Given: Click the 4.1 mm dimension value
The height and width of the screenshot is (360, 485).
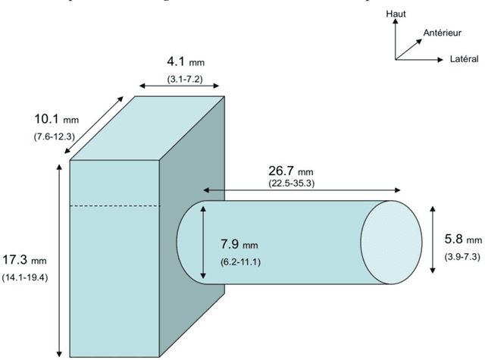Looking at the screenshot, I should (185, 61).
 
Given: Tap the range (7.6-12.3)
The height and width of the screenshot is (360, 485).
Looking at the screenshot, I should (52, 136).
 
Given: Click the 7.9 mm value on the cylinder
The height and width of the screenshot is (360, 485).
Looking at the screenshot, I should (239, 245).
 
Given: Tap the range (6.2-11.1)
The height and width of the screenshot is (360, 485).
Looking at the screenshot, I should (239, 261).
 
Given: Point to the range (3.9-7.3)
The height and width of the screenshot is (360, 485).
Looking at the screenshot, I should (462, 256).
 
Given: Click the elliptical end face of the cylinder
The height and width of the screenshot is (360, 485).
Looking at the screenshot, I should (391, 243).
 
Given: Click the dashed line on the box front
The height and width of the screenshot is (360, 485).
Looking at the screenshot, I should (114, 206).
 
